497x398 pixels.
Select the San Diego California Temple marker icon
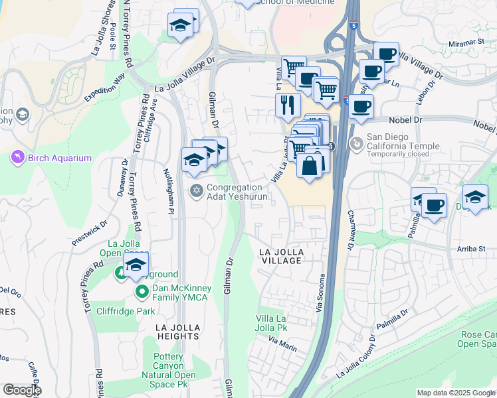click(357, 142)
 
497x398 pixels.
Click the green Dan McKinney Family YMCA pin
click(142, 292)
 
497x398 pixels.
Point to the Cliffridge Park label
click(126, 310)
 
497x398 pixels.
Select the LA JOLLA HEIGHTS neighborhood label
click(183, 332)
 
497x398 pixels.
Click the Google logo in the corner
click(22, 390)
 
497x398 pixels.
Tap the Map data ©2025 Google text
click(456, 393)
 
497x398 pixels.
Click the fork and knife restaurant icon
click(287, 104)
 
